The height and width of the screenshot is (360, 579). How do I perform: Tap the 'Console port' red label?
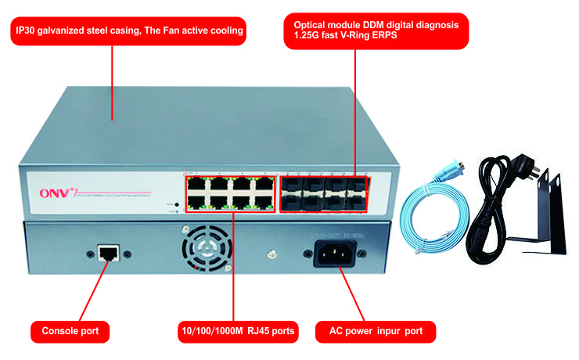click(x=70, y=331)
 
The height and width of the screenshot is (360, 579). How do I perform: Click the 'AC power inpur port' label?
click(x=371, y=331)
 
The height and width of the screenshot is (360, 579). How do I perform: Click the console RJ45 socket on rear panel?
click(x=107, y=253)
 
